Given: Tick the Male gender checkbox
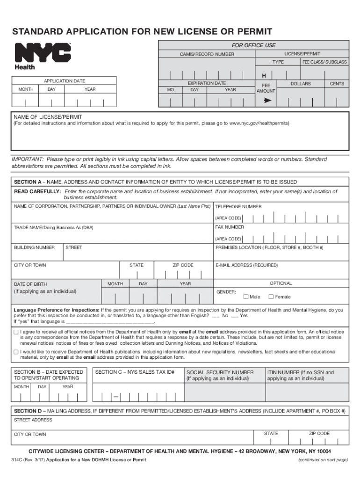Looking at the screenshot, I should click(246, 297).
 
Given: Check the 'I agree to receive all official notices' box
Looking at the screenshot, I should click(16, 332).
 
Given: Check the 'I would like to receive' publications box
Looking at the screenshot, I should click(16, 352).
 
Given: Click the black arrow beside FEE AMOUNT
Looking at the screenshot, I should click(267, 100).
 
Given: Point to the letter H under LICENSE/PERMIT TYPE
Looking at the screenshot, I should click(264, 76).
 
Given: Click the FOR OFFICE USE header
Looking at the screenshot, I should click(254, 45).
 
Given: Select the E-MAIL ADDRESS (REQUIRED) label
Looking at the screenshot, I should click(246, 265).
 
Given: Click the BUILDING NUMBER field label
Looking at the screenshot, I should click(34, 247).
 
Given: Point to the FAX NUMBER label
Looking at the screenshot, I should click(229, 227).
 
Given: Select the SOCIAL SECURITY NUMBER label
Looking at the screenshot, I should click(220, 372).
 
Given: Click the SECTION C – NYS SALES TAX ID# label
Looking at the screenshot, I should click(135, 372).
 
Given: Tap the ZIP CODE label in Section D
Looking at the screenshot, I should click(319, 434).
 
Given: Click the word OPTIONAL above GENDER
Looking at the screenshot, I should click(281, 283).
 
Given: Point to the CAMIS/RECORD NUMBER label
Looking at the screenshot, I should click(207, 55).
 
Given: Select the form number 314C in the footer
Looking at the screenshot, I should click(18, 460).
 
